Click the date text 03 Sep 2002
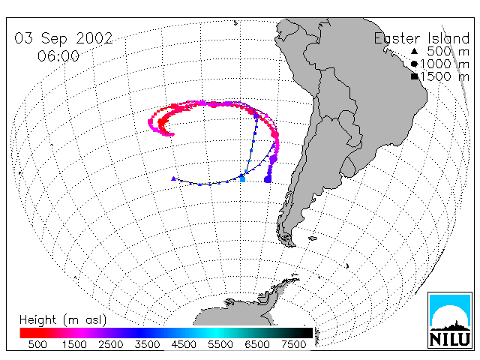click(x=64, y=38)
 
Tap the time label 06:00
click(x=58, y=56)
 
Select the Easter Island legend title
click(x=421, y=38)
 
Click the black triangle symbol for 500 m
click(x=414, y=51)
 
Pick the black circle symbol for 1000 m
click(x=414, y=64)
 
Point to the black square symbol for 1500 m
click(x=415, y=76)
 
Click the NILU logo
click(x=450, y=320)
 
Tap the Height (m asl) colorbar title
click(x=63, y=320)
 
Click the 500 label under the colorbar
click(x=37, y=344)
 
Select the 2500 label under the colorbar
click(x=110, y=344)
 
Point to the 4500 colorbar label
click(x=184, y=344)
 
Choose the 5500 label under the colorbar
click(x=220, y=344)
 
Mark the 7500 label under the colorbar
click(x=293, y=344)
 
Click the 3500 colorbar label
click(x=147, y=344)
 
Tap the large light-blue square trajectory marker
click(x=242, y=179)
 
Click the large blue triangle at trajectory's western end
click(x=173, y=178)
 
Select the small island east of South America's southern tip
click(x=313, y=238)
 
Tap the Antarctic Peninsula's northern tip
click(x=296, y=278)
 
